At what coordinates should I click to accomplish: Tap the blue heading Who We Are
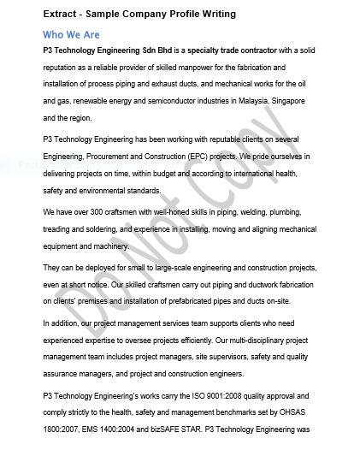point(71,35)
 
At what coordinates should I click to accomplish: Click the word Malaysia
point(274,101)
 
